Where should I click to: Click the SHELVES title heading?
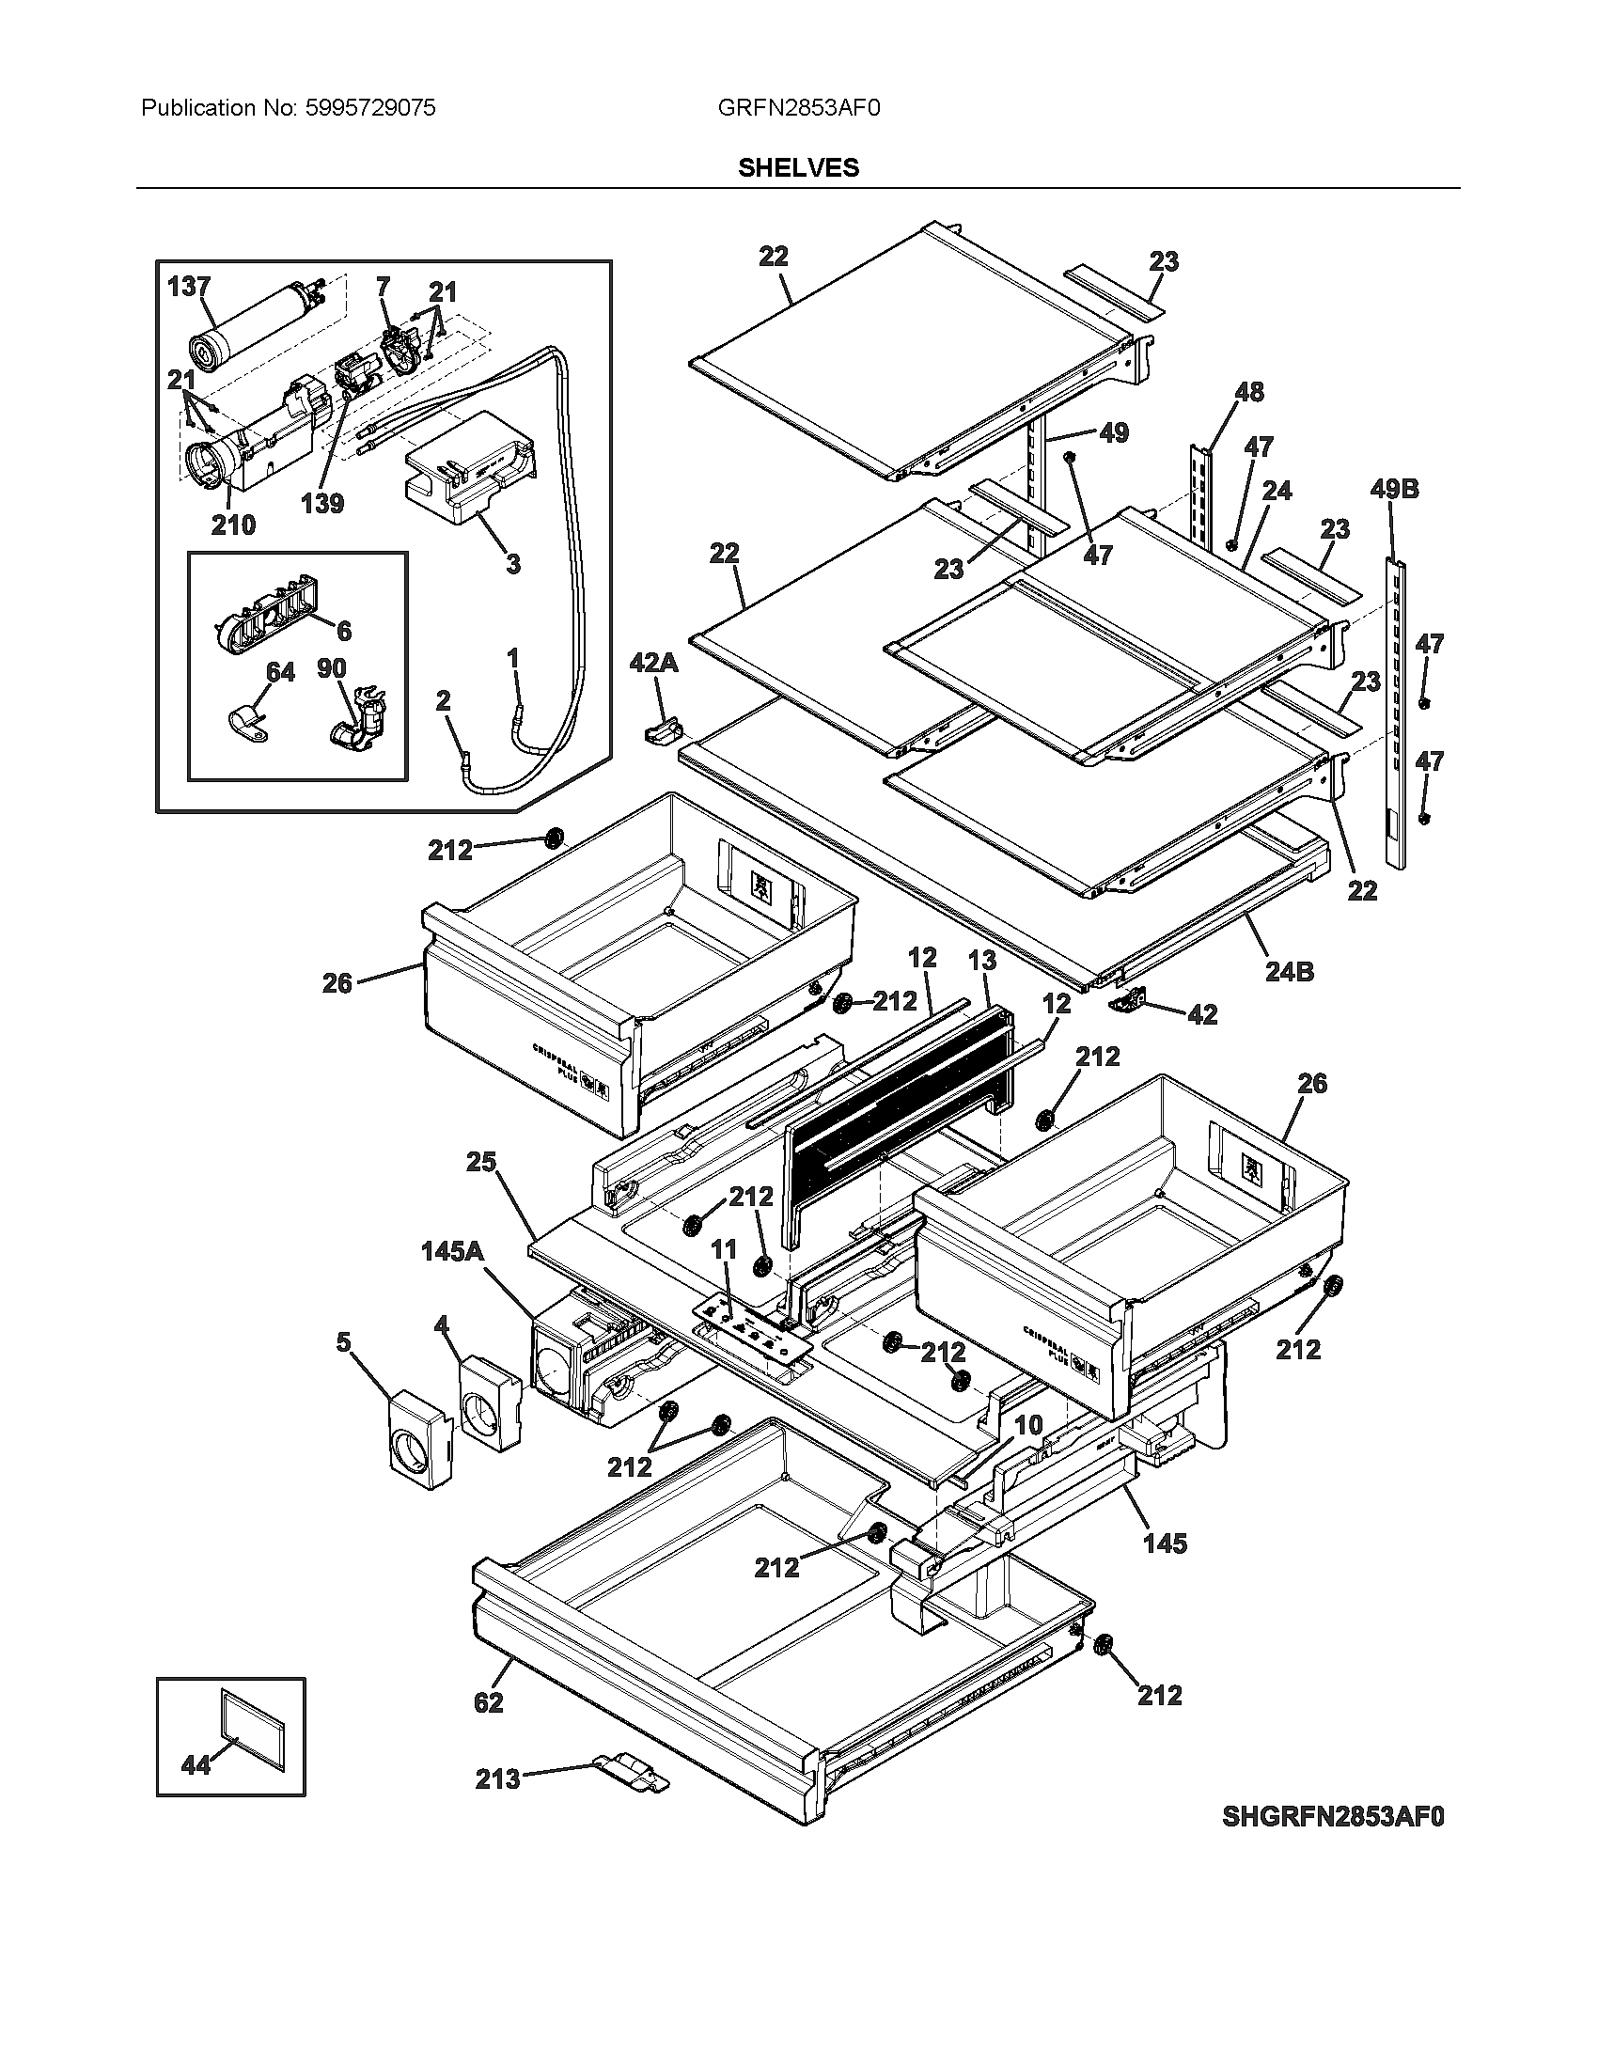click(x=798, y=167)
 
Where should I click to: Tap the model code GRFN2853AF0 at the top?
click(x=798, y=108)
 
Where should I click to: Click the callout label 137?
click(x=188, y=286)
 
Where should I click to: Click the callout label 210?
click(x=232, y=525)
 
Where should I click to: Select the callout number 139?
click(x=321, y=504)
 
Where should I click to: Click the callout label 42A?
click(x=653, y=663)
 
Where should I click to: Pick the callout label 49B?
click(x=1393, y=490)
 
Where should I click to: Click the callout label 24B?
click(x=1289, y=972)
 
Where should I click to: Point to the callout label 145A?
click(x=452, y=1252)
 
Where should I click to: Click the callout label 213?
click(x=498, y=1779)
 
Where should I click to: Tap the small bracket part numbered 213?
click(x=631, y=1770)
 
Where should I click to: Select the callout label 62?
click(x=489, y=1702)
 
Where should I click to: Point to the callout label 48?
click(x=1249, y=391)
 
